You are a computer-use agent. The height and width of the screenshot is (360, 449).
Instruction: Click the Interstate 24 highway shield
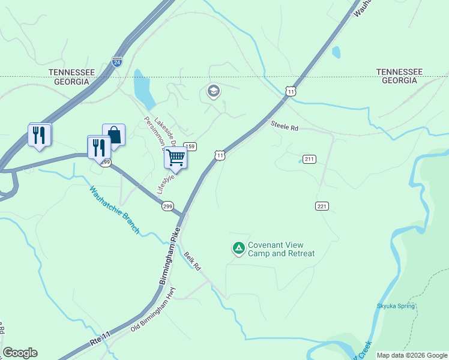click(117, 61)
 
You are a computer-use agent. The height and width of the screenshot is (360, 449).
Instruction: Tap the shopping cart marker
click(176, 158)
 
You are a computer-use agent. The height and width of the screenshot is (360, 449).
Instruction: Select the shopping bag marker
click(113, 135)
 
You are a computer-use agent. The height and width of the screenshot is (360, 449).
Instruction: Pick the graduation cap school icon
click(212, 91)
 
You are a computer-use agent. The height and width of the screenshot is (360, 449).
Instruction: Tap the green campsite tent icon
click(238, 248)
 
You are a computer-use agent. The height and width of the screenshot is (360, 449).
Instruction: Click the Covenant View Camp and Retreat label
click(281, 249)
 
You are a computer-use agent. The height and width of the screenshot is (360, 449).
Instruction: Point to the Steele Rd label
click(284, 127)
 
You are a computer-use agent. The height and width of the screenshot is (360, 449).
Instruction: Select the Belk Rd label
click(192, 260)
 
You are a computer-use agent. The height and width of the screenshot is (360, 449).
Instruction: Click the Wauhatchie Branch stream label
click(115, 210)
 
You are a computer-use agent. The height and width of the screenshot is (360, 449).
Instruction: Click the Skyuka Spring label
click(396, 306)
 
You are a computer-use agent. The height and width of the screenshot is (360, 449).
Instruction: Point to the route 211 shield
click(309, 159)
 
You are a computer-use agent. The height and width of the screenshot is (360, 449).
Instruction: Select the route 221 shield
click(322, 206)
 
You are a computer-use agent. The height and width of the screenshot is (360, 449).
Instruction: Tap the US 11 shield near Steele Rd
click(291, 91)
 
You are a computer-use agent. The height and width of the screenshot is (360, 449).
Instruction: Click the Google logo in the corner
click(20, 353)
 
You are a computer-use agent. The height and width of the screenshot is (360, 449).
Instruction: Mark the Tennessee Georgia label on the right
click(399, 76)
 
